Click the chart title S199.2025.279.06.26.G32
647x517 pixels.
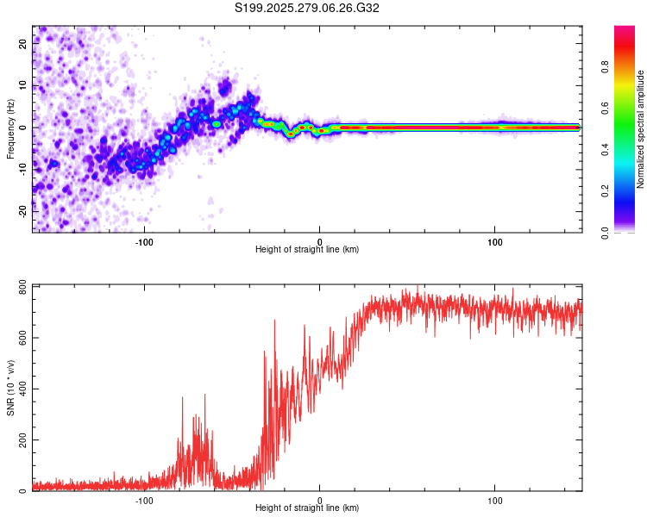click(307, 8)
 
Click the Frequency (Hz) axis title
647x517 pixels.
click(10, 128)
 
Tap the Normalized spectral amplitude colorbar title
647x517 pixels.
click(641, 129)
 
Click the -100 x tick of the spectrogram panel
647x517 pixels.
click(144, 240)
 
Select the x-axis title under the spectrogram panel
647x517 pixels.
click(307, 250)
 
